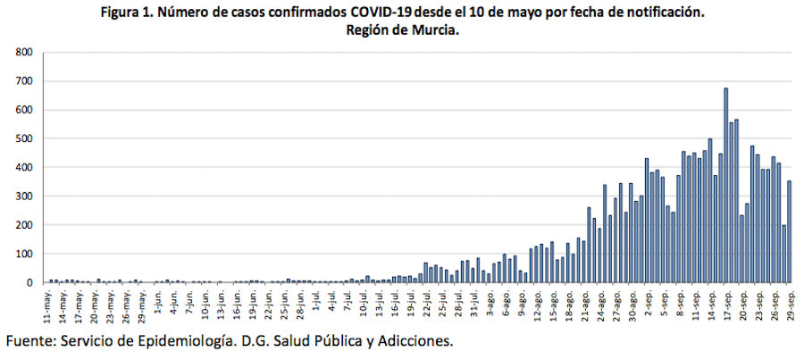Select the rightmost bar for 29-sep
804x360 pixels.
(x=789, y=231)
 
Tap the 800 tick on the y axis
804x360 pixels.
(x=24, y=53)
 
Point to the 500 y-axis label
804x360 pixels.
(x=24, y=138)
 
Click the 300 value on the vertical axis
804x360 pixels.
(x=24, y=197)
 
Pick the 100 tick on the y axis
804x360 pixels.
(x=24, y=254)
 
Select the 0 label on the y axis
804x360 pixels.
(x=29, y=282)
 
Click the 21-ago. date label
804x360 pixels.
(x=585, y=304)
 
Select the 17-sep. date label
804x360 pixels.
(x=726, y=304)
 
